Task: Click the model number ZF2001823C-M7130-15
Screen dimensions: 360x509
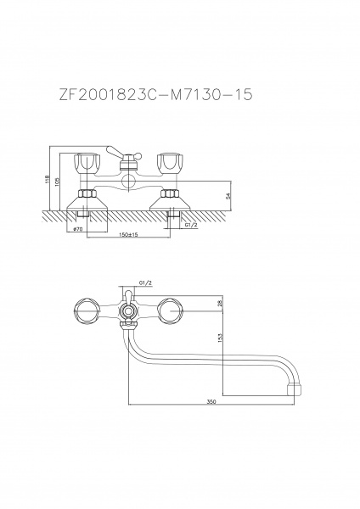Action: point(155,95)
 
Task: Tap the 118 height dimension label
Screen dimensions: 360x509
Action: point(47,178)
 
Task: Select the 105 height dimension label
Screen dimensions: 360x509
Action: point(58,182)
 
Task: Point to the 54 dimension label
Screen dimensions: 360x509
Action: point(228,196)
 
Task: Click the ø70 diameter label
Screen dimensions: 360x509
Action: point(78,229)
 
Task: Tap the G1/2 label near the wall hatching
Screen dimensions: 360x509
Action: point(191,225)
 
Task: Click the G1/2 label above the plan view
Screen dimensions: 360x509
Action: point(145,283)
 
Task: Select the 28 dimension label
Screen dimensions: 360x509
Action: point(220,303)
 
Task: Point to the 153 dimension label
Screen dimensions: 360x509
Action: point(220,338)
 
